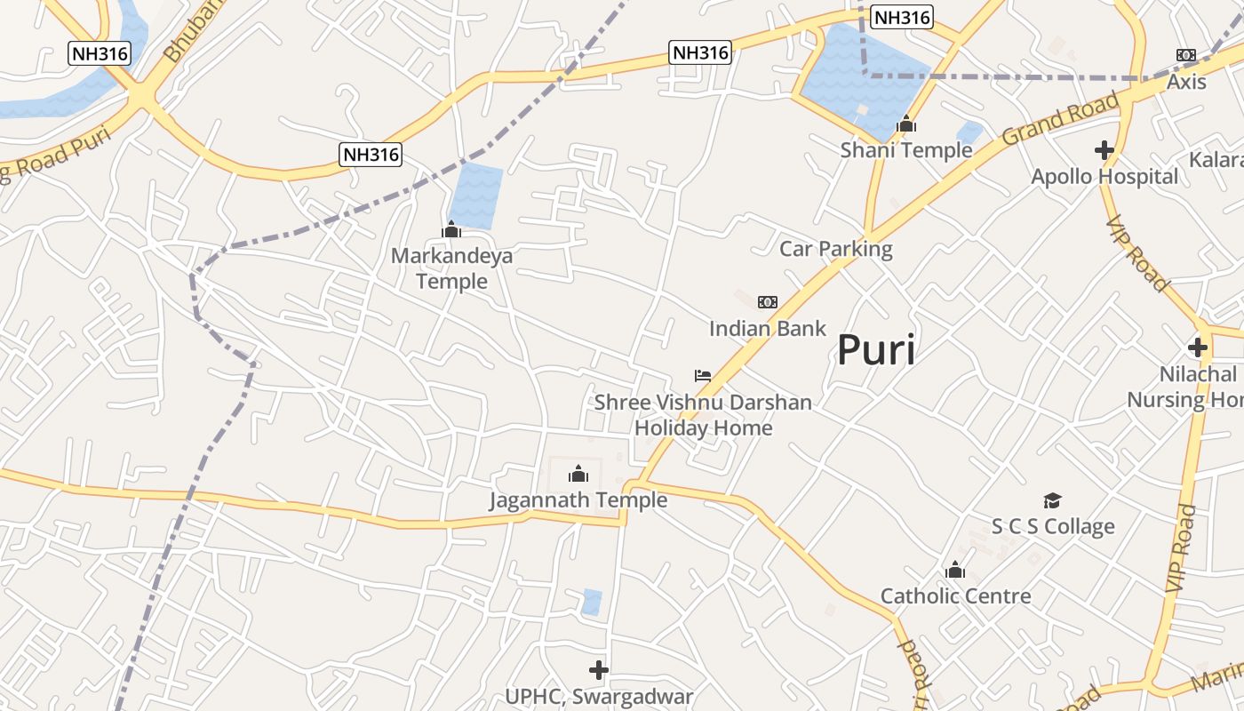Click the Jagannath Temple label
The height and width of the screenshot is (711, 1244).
coord(578,500)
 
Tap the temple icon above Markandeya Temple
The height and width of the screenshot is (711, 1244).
coord(451,230)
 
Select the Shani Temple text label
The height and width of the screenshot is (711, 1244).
coord(906,149)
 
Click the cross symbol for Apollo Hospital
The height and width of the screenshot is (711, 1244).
coord(1104,150)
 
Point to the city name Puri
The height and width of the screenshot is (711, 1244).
coord(876,350)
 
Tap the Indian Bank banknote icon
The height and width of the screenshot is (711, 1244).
coord(768,302)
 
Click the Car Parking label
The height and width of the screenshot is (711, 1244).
coord(836,249)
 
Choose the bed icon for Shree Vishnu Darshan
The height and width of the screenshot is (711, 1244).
coord(703,376)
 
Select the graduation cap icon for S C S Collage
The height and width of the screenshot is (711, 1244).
coord(1053,501)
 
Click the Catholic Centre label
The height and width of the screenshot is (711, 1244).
coord(956,595)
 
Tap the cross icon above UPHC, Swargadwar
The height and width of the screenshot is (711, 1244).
coord(599,669)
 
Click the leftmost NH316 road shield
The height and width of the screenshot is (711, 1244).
coord(100,53)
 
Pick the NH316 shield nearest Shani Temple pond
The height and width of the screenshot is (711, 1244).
coord(902,17)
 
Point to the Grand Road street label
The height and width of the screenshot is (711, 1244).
coord(1060,120)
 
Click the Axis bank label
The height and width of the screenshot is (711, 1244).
coord(1187,82)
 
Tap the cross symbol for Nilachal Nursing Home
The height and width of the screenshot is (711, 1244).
coord(1198,347)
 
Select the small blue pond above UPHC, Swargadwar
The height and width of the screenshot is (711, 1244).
coord(592,603)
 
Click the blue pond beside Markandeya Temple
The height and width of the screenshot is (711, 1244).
coord(476,195)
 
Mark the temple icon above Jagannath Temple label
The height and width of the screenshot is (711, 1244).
coord(578,473)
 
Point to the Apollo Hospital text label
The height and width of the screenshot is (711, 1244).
coord(1104,176)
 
